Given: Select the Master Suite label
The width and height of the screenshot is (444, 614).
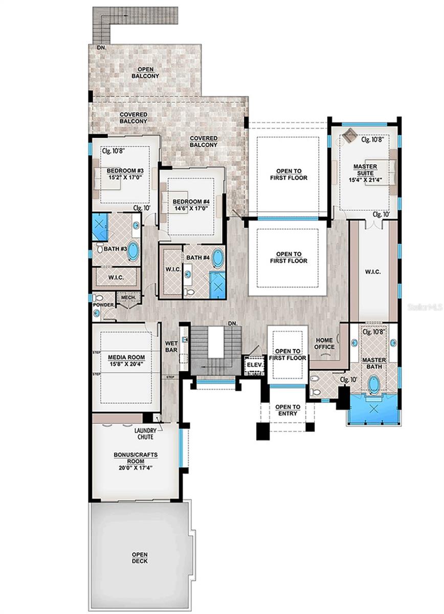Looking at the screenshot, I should pyautogui.click(x=365, y=170).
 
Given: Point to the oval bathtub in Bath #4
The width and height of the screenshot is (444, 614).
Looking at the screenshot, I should pyautogui.click(x=218, y=258).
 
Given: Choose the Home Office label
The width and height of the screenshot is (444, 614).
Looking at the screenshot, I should pyautogui.click(x=325, y=343).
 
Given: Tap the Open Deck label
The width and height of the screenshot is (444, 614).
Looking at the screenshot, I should pyautogui.click(x=140, y=558).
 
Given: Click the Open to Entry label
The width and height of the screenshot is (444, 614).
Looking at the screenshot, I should pyautogui.click(x=288, y=410).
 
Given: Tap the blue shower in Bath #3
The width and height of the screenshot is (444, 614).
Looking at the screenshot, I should pyautogui.click(x=99, y=227).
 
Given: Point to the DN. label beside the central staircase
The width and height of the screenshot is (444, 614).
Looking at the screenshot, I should pyautogui.click(x=233, y=323).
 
